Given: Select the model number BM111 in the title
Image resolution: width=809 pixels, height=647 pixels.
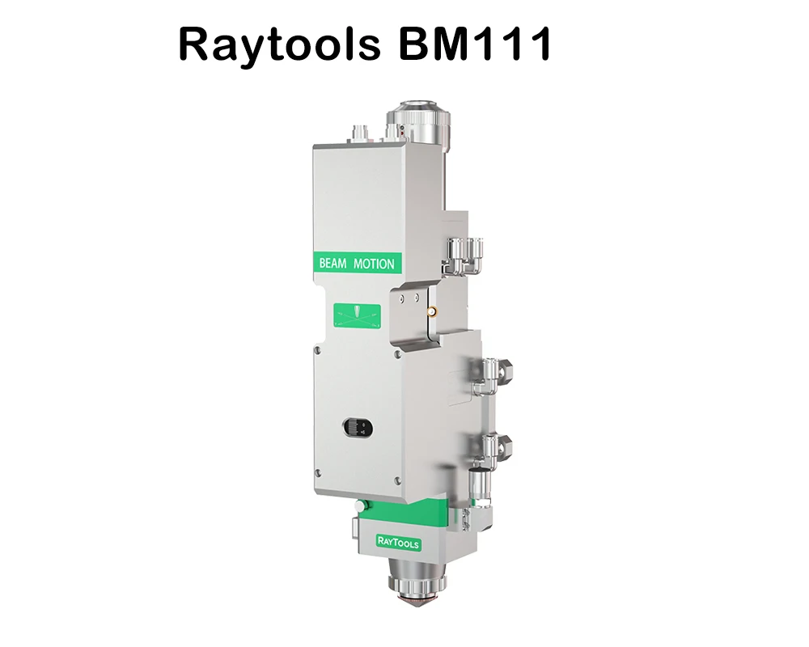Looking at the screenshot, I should pos(474,44).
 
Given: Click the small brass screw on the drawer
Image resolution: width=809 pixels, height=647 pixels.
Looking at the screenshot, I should pos(433,309).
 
